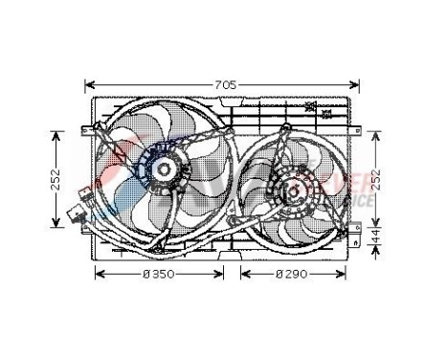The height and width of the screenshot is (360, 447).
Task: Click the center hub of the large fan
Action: (161, 173)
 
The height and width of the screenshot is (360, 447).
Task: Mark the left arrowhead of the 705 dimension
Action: (89, 83)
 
